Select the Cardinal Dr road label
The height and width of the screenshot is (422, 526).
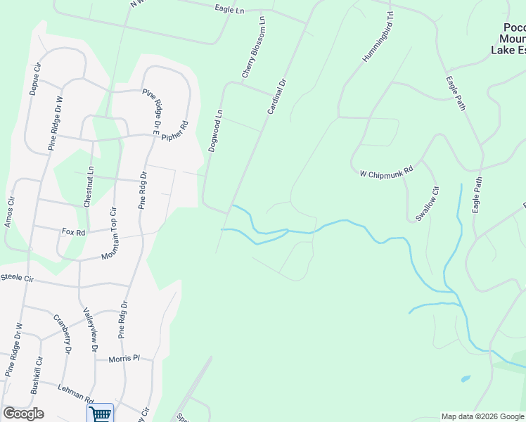(x=277, y=97)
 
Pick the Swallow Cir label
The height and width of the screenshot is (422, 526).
(x=426, y=204)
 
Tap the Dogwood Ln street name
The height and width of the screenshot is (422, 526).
(x=215, y=131)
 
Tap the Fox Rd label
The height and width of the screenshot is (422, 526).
(x=73, y=231)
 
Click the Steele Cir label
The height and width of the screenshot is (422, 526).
(x=17, y=279)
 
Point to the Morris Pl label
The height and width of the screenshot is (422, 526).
(x=124, y=359)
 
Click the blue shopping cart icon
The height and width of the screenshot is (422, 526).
(x=100, y=414)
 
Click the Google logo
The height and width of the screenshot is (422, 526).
(x=23, y=413)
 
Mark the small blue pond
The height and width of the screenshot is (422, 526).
(x=466, y=378)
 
